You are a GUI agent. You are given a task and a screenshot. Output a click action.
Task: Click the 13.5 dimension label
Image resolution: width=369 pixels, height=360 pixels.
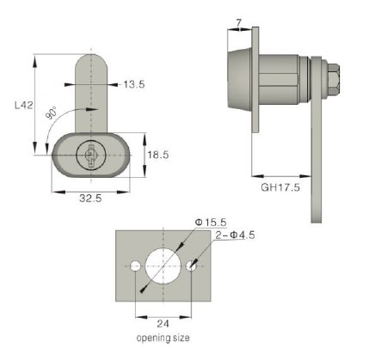click(134, 84)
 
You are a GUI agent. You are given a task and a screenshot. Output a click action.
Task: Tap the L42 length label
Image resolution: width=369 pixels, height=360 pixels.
click(24, 106)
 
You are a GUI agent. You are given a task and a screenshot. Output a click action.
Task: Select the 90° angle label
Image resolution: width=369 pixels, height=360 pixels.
click(52, 113)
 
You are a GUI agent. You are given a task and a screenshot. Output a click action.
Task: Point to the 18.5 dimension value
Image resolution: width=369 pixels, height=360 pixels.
click(158, 155)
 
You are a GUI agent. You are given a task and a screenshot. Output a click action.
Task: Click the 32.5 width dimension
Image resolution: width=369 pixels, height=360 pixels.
click(90, 198)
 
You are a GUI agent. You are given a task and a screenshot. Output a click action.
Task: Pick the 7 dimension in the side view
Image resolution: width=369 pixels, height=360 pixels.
click(239, 22)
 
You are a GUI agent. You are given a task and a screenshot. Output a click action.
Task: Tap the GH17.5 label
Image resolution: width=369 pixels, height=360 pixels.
click(280, 187)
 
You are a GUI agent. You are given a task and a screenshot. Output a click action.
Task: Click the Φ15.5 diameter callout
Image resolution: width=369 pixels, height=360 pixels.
click(211, 222)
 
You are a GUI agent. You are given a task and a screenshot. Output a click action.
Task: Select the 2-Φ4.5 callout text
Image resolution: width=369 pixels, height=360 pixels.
click(235, 235)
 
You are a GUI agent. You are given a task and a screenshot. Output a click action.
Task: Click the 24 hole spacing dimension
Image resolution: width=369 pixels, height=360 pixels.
click(163, 324)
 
